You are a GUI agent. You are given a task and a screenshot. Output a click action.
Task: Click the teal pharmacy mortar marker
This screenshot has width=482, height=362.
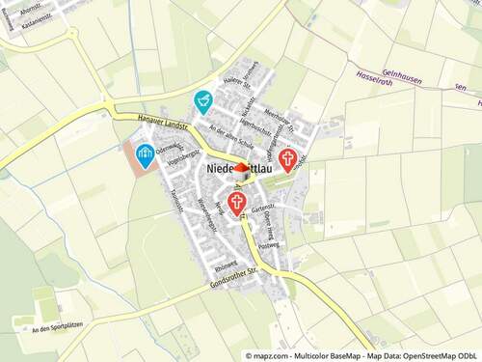click(x=202, y=99)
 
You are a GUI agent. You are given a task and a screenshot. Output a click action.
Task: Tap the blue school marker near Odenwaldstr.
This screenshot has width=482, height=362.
click(x=145, y=153)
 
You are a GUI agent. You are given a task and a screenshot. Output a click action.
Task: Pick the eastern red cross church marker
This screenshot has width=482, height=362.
click(x=287, y=159)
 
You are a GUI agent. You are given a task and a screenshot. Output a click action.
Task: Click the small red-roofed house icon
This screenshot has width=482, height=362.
click(x=241, y=167)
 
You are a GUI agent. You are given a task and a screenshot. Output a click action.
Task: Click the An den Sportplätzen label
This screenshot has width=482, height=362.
click(x=56, y=330)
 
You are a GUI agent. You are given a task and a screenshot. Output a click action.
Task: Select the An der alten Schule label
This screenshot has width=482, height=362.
click(x=231, y=135)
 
